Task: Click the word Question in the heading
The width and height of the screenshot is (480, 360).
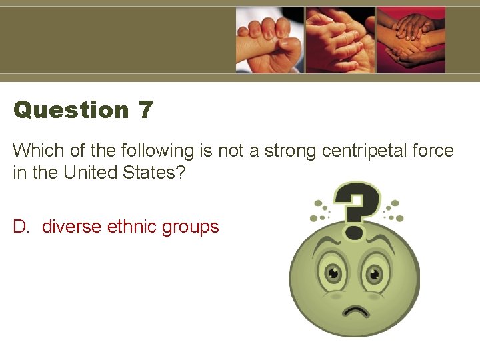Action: [71, 110]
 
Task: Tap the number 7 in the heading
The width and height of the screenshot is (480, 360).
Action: [146, 110]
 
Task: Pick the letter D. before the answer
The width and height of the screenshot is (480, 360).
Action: [23, 227]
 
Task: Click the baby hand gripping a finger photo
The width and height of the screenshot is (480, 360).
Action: [269, 40]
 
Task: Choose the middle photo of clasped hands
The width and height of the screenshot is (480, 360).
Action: [340, 40]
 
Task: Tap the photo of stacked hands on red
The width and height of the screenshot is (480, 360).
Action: [411, 40]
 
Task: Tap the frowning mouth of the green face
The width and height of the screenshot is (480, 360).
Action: [355, 311]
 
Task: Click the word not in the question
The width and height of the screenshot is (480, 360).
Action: [231, 151]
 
